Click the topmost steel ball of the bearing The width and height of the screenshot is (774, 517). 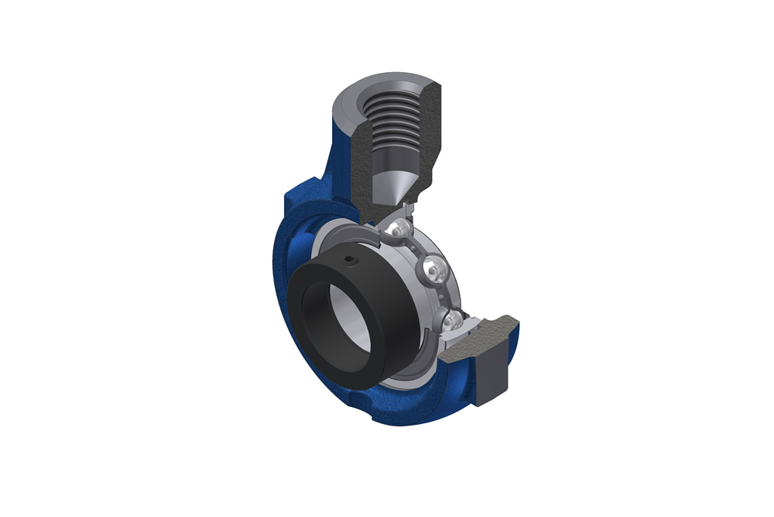click(x=399, y=228)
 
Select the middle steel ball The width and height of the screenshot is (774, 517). click(x=431, y=271)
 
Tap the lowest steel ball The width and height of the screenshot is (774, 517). click(x=454, y=319)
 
